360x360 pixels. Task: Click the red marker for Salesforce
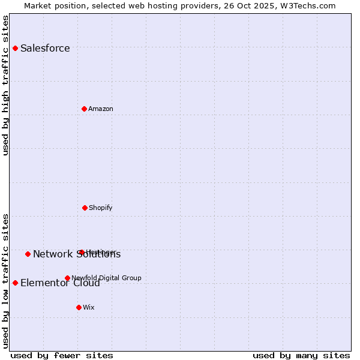[x=15, y=48]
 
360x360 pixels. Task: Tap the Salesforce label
[x=45, y=49]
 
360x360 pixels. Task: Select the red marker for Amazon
[x=85, y=109]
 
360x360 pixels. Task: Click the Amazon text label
[x=101, y=109]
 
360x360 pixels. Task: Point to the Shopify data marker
[x=85, y=208]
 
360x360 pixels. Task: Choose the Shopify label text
[x=101, y=208]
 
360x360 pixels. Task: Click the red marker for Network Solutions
[x=28, y=254]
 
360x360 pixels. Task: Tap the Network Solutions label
[x=77, y=254]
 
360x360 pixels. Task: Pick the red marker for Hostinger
[x=81, y=252]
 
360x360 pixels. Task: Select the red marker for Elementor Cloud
[x=15, y=283]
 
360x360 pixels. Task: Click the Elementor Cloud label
[x=60, y=283]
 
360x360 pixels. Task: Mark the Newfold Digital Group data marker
[x=67, y=278]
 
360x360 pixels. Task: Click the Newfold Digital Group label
[x=106, y=278]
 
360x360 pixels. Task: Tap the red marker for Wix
[x=79, y=307]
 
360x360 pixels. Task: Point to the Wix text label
[x=89, y=308]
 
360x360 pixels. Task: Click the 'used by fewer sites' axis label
[x=62, y=356]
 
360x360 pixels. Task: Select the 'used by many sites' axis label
[x=301, y=356]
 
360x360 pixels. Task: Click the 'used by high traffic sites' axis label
[x=6, y=85]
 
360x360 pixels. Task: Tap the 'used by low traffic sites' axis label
[x=6, y=280]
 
